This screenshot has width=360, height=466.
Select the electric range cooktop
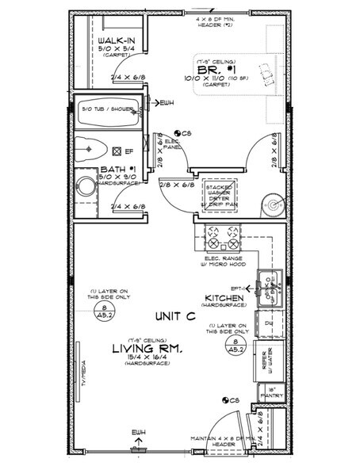pos(221,235)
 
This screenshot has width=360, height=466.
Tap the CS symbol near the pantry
pos(228,402)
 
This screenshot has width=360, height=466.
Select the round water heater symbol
pos(273,204)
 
